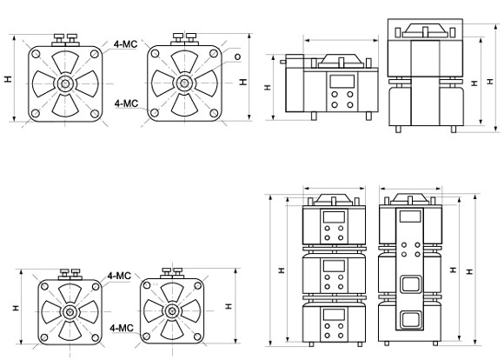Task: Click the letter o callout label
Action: point(237,57)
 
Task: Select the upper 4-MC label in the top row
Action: point(125,44)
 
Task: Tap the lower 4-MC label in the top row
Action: point(126,103)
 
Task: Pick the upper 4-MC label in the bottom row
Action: point(119,276)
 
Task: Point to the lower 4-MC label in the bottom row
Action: point(122,328)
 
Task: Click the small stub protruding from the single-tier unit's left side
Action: point(283,62)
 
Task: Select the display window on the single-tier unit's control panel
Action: point(342,81)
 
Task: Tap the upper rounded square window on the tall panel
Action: point(411,284)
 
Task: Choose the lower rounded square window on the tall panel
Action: point(411,320)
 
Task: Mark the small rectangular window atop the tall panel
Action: point(410,217)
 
